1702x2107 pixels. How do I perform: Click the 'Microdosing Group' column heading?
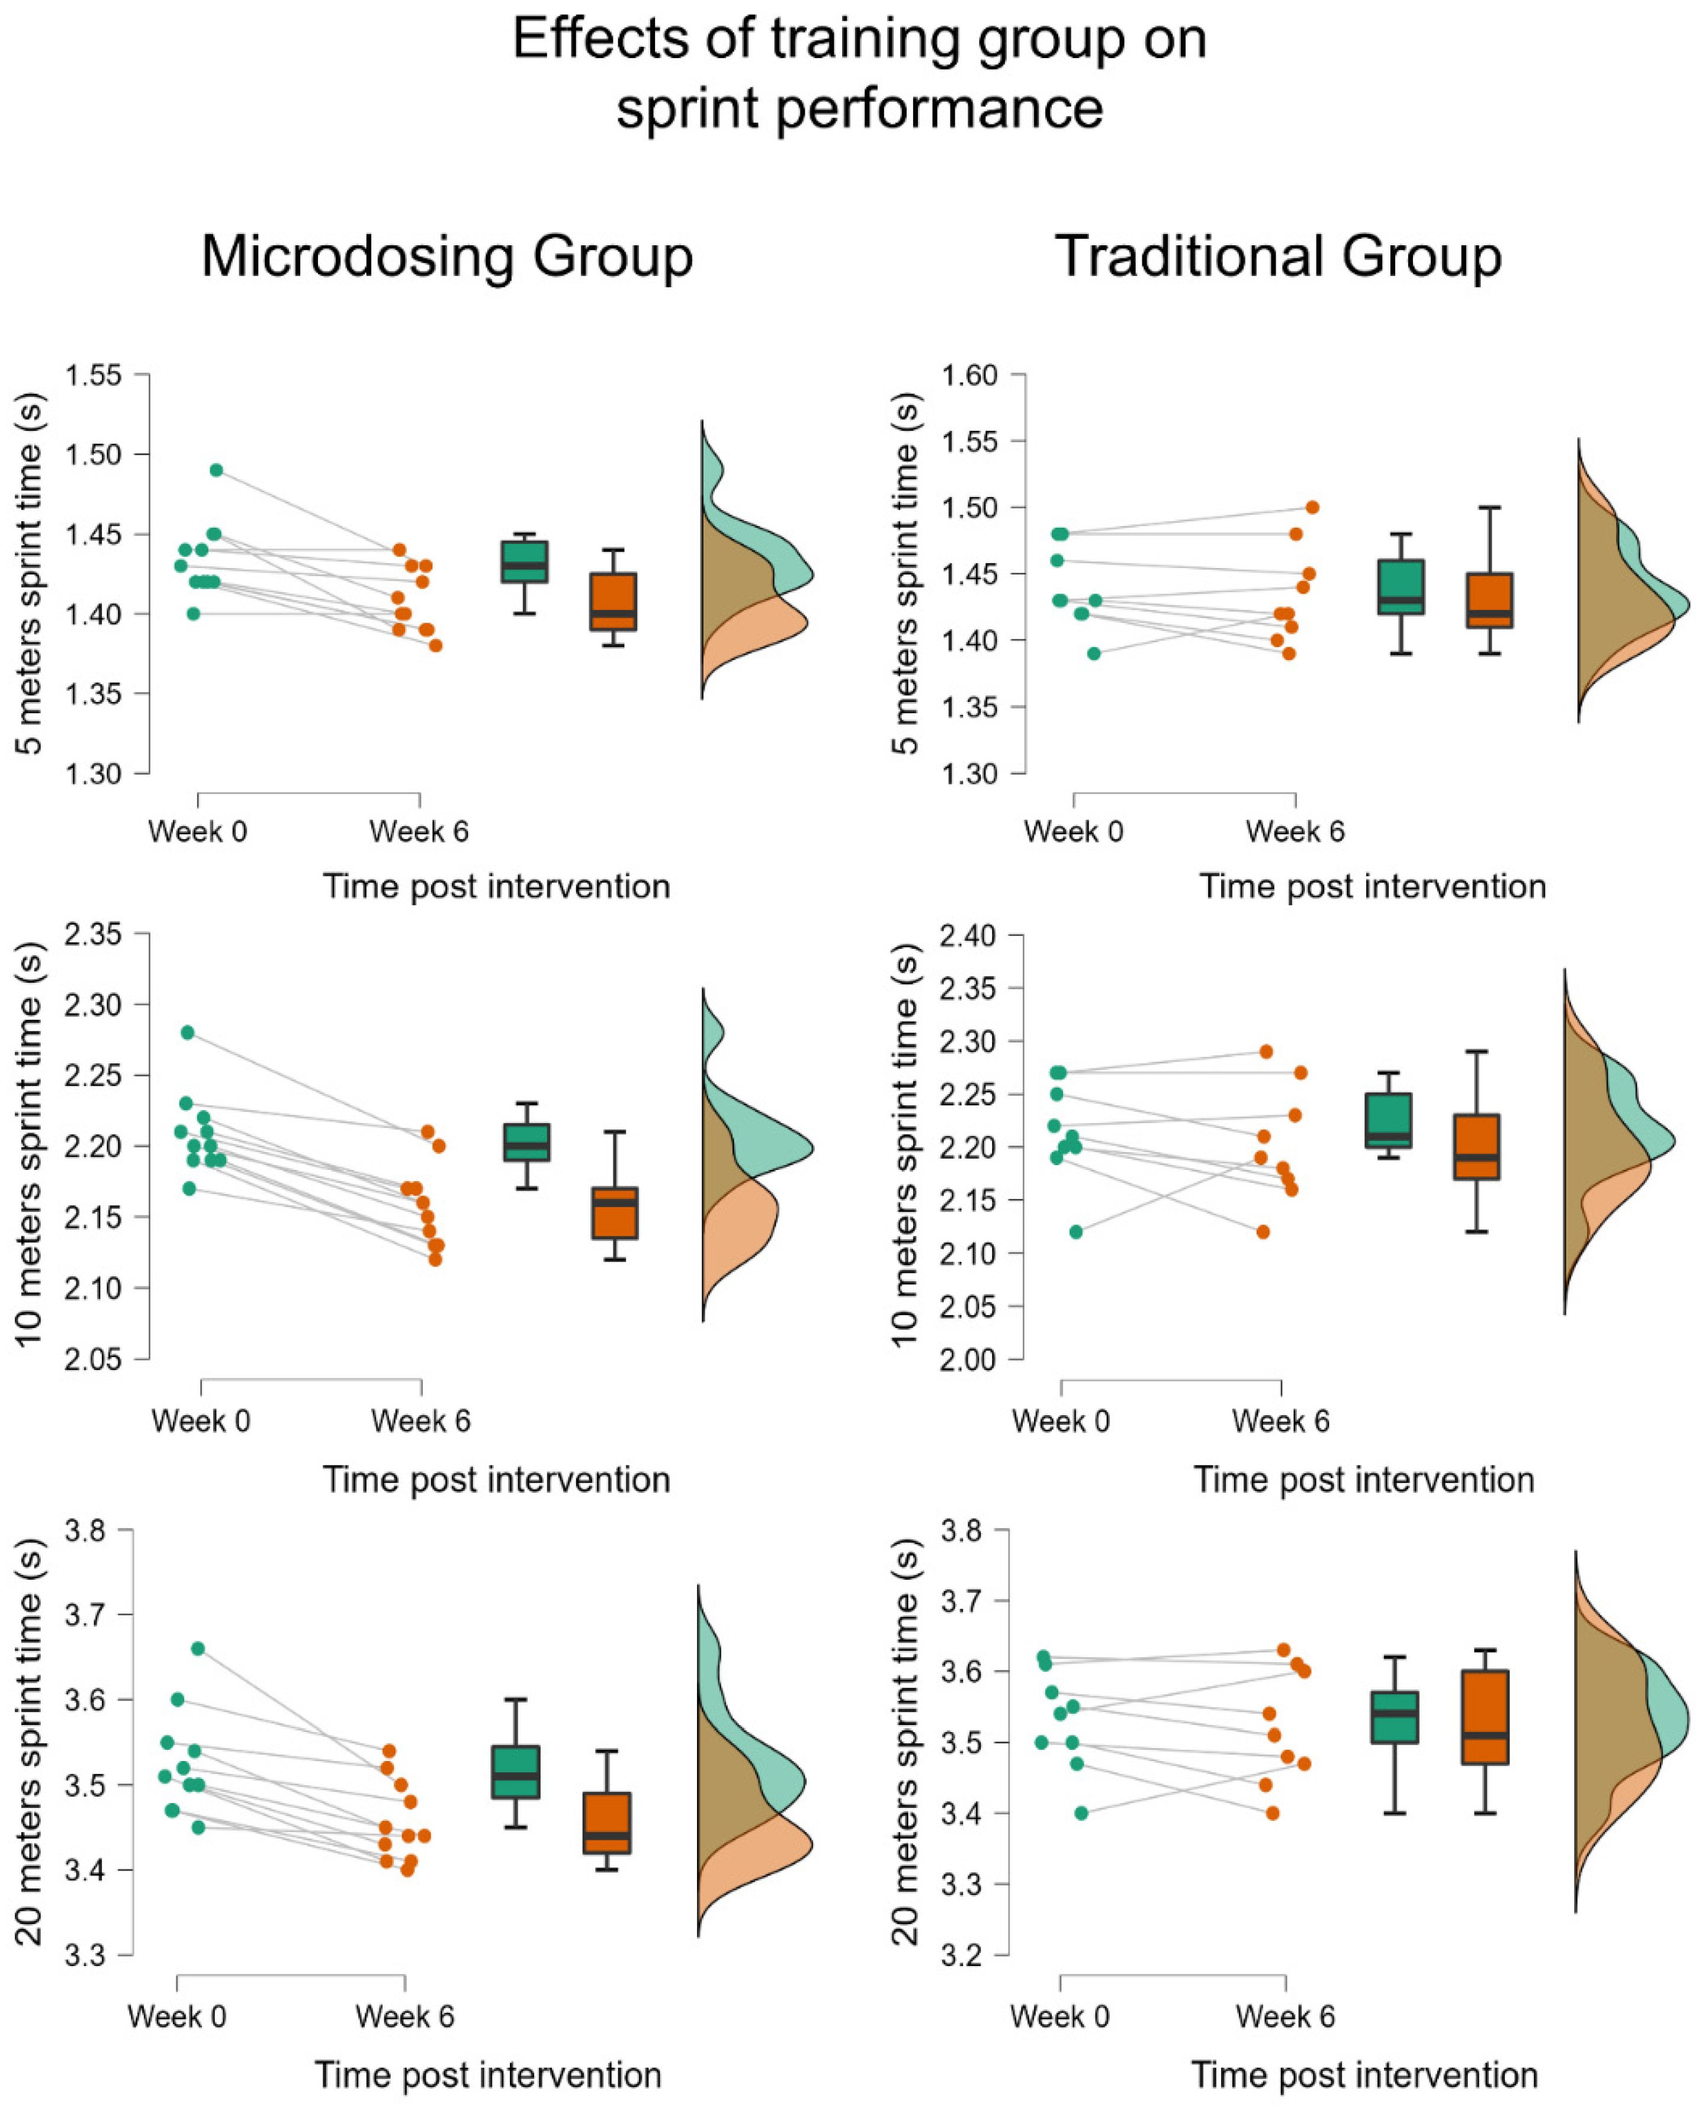[x=447, y=257]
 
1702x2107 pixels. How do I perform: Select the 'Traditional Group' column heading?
[x=1279, y=257]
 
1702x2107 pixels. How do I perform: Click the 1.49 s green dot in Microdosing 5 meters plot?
[x=217, y=470]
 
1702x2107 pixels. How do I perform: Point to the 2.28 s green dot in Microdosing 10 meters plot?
[x=187, y=1032]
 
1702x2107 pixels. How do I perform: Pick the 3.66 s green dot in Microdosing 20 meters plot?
[x=198, y=1648]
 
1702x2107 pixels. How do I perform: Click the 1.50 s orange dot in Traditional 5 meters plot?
[x=1312, y=507]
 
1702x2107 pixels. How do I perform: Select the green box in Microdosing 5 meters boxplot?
[x=525, y=562]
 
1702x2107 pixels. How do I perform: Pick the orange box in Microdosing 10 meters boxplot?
[x=615, y=1213]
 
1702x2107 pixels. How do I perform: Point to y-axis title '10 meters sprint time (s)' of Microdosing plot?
[x=30, y=1145]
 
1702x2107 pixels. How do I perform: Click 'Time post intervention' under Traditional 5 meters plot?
[x=1373, y=886]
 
